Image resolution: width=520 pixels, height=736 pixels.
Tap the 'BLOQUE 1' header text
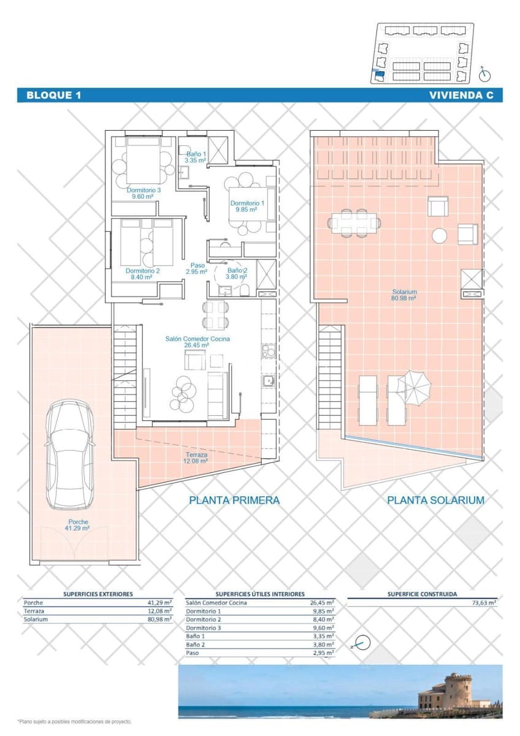[x=54, y=95]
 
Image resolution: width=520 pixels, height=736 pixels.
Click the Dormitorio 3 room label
[x=143, y=193]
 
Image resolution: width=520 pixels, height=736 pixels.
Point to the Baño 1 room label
[x=196, y=157]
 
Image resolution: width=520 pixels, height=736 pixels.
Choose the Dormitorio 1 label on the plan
[x=247, y=206]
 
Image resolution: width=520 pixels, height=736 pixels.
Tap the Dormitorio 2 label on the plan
[x=142, y=274]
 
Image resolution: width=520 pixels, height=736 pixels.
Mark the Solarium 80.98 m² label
[x=405, y=295]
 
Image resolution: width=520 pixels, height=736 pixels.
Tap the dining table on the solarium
[x=354, y=222]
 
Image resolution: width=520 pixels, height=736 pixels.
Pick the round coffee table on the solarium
[x=440, y=236]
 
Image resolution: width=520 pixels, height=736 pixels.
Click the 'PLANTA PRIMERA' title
[x=234, y=500]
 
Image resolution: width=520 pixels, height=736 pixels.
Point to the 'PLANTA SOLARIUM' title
[x=435, y=500]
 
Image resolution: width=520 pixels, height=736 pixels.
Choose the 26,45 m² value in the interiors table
[x=322, y=603]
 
